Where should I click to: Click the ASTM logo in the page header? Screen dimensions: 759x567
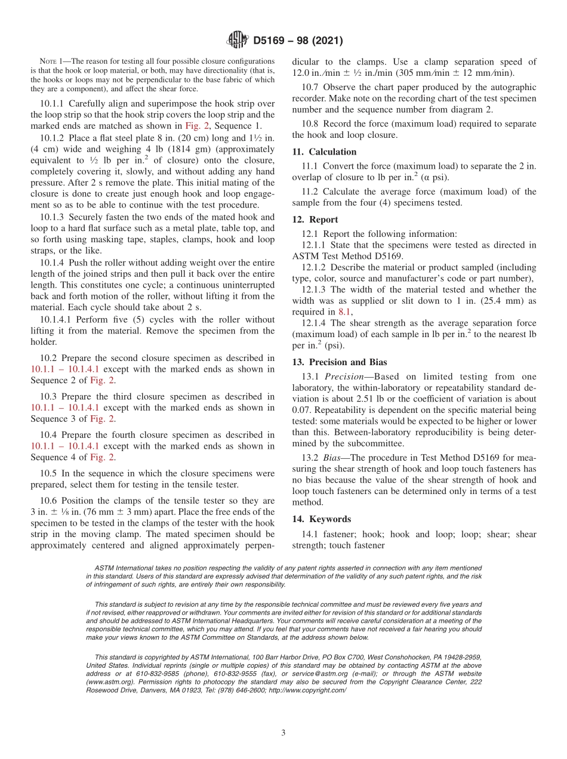click(238, 41)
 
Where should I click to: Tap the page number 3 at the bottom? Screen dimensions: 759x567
click(283, 733)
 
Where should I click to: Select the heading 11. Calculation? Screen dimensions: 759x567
click(324, 152)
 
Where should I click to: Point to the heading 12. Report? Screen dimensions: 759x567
click(315, 219)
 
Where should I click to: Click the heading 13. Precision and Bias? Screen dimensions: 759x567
click(339, 362)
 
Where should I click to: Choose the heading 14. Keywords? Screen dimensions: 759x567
click(321, 519)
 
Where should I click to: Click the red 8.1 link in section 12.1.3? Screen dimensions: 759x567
click(345, 311)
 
